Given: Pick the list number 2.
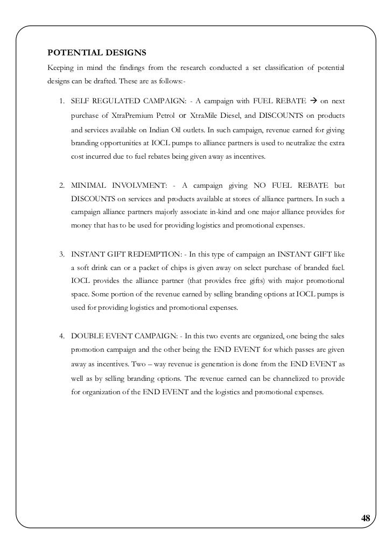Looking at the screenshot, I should [62, 186].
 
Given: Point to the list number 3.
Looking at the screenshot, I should [62, 253].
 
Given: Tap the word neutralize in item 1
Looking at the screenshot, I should [309, 144].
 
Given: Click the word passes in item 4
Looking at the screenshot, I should [305, 350].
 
